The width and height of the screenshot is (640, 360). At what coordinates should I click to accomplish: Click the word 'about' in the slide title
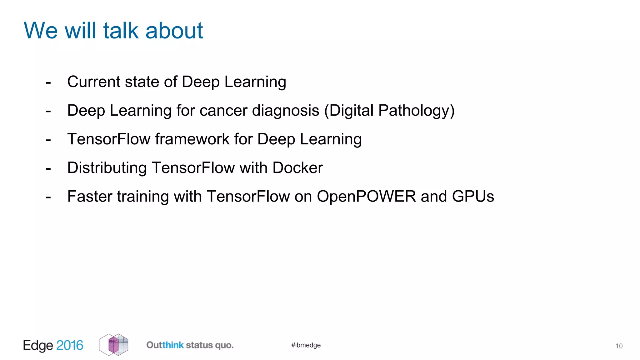[x=174, y=31]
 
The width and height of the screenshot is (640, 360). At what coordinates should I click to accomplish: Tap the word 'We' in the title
[x=41, y=31]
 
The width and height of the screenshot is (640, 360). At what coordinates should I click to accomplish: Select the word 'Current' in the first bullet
[x=94, y=82]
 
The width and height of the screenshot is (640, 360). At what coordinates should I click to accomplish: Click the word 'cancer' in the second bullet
[x=223, y=111]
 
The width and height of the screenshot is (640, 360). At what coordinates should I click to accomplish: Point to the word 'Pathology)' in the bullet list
[x=416, y=111]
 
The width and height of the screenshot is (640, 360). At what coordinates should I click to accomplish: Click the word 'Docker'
[x=297, y=168]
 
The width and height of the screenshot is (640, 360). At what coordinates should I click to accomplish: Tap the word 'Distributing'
[x=107, y=168]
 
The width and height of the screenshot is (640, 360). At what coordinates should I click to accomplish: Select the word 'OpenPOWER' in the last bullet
[x=366, y=197]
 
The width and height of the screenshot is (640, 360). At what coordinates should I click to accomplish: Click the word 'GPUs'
[x=473, y=197]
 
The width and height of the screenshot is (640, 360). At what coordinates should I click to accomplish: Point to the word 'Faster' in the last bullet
[x=90, y=197]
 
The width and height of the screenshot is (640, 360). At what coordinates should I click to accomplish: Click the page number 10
[x=619, y=346]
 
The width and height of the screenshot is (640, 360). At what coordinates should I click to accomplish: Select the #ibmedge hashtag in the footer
[x=306, y=345]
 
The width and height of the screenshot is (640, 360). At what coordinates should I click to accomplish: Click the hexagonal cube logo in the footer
[x=113, y=345]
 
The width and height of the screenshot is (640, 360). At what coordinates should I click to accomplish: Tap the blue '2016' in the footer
[x=70, y=345]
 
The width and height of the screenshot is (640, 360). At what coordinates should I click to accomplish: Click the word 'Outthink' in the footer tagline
[x=165, y=345]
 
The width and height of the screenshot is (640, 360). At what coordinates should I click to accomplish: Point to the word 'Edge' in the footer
[x=38, y=345]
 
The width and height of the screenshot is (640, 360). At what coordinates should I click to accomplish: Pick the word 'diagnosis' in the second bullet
[x=285, y=111]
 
